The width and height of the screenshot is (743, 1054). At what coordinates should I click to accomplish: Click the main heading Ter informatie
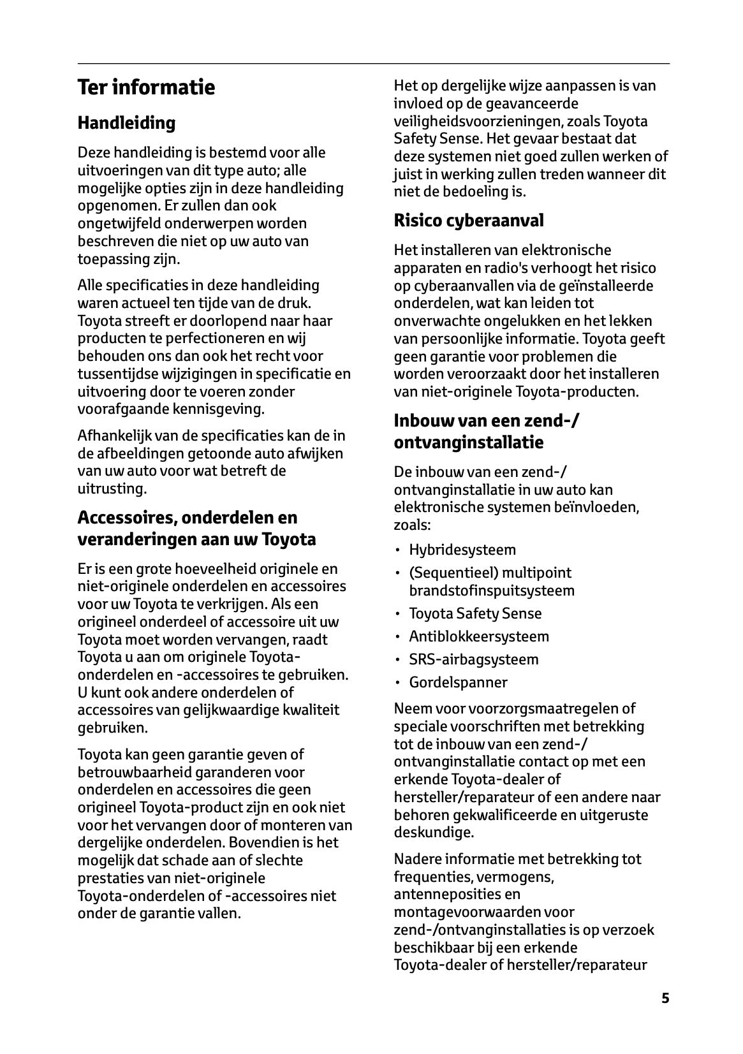[146, 87]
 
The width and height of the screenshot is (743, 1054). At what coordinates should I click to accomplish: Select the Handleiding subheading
[126, 122]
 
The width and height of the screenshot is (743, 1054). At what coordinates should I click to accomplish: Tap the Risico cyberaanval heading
[469, 221]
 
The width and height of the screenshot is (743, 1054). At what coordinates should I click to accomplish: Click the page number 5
[665, 998]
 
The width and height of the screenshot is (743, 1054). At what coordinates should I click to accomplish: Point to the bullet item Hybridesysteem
[462, 550]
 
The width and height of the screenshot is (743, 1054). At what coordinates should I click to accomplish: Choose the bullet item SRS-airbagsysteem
[474, 659]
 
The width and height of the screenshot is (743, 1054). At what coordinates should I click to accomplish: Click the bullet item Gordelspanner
[458, 682]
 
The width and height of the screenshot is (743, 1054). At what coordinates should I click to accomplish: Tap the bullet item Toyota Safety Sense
[475, 613]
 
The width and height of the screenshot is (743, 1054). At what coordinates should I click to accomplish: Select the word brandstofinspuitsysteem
[492, 590]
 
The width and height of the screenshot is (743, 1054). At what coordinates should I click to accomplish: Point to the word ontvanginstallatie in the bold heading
[468, 442]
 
